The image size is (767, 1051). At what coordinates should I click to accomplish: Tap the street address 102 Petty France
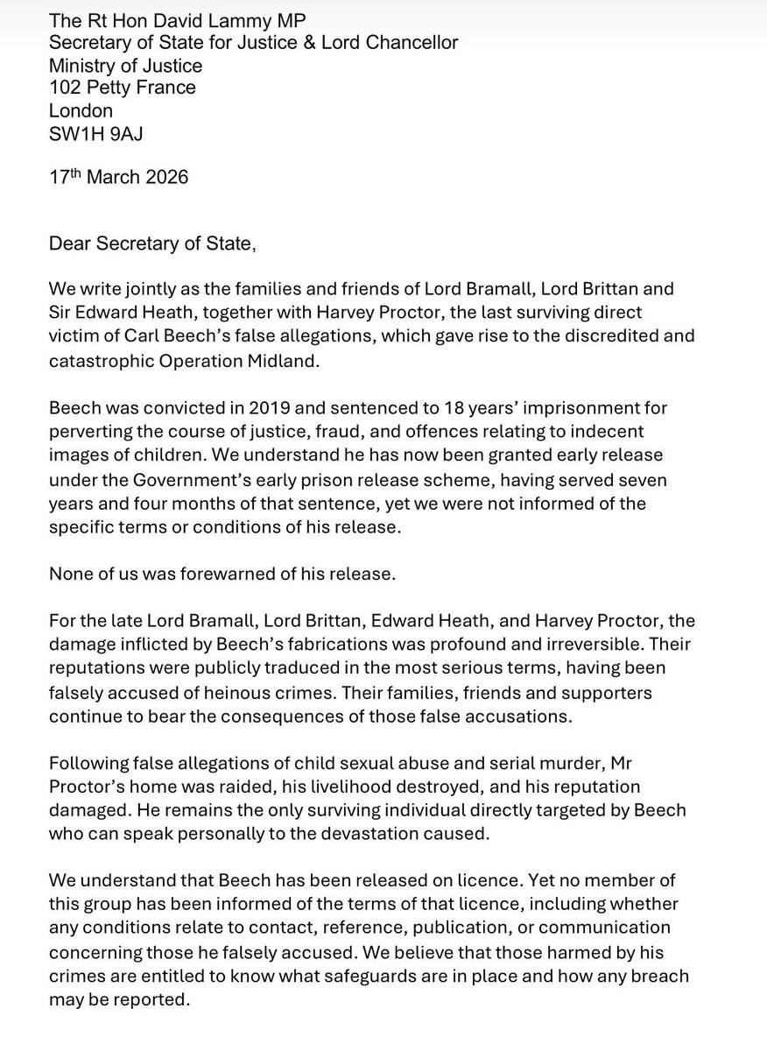tap(123, 88)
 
